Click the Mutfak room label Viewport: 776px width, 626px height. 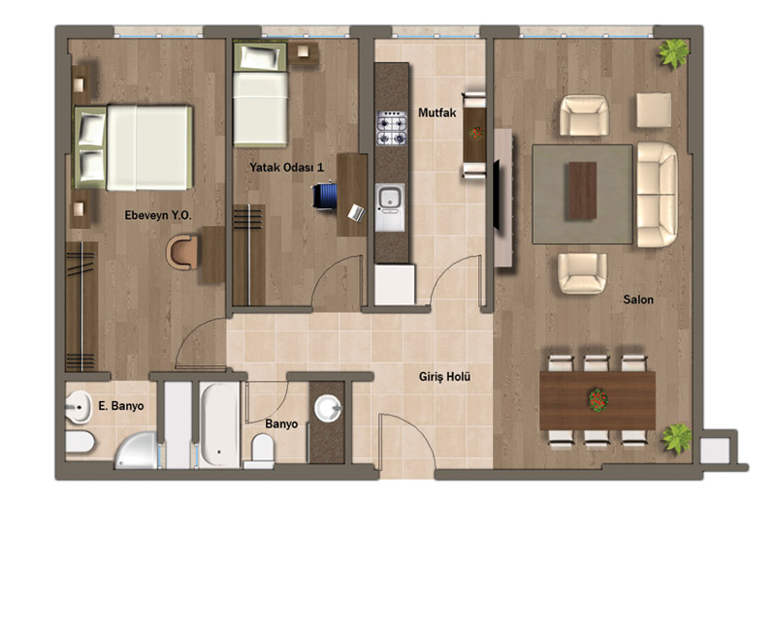pyautogui.click(x=437, y=112)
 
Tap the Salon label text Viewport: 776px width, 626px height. pyautogui.click(x=638, y=299)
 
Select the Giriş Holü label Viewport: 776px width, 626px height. pyautogui.click(x=444, y=377)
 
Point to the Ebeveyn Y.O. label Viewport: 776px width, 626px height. pyautogui.click(x=158, y=215)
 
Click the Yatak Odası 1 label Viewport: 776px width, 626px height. pyautogui.click(x=286, y=167)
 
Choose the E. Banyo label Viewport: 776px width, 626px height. pyautogui.click(x=120, y=406)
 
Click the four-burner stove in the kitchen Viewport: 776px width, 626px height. pyautogui.click(x=392, y=128)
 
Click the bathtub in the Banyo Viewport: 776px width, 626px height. pyautogui.click(x=219, y=424)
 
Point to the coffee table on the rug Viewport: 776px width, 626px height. pyautogui.click(x=583, y=191)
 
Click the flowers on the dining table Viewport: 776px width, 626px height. pyautogui.click(x=598, y=400)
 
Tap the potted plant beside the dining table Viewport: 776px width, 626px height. pyautogui.click(x=677, y=438)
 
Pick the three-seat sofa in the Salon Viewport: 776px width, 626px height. pyautogui.click(x=658, y=195)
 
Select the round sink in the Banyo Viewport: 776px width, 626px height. pyautogui.click(x=328, y=408)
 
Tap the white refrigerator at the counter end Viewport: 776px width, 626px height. pyautogui.click(x=395, y=285)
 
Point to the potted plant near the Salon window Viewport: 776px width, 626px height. pyautogui.click(x=673, y=53)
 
